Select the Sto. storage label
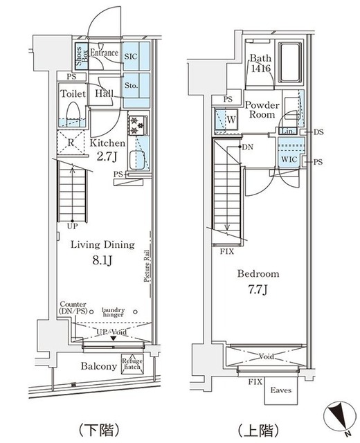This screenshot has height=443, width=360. [x=132, y=87]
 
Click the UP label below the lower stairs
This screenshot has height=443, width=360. [x=72, y=226]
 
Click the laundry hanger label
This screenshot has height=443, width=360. [x=114, y=312]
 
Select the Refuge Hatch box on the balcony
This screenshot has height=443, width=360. [x=132, y=363]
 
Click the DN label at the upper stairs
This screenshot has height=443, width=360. [x=247, y=147]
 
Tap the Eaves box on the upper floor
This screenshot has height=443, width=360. [x=280, y=391]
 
